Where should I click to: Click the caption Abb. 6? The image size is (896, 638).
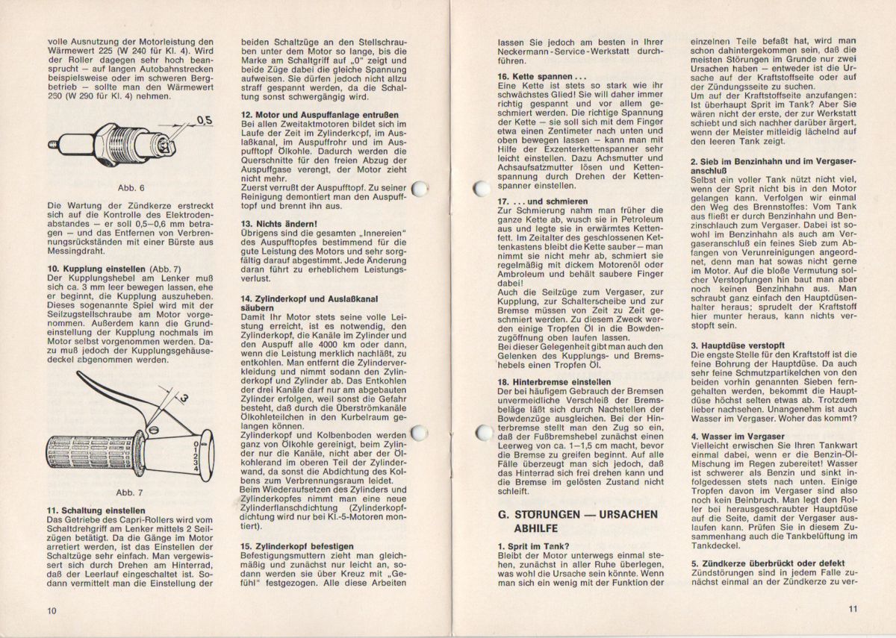(131, 187)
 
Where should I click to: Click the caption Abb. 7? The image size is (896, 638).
(131, 493)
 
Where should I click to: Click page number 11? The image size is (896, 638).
(852, 609)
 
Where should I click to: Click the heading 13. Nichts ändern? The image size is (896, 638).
(279, 223)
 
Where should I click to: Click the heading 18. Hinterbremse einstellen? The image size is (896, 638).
(553, 382)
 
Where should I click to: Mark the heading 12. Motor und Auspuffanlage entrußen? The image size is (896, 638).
(319, 114)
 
